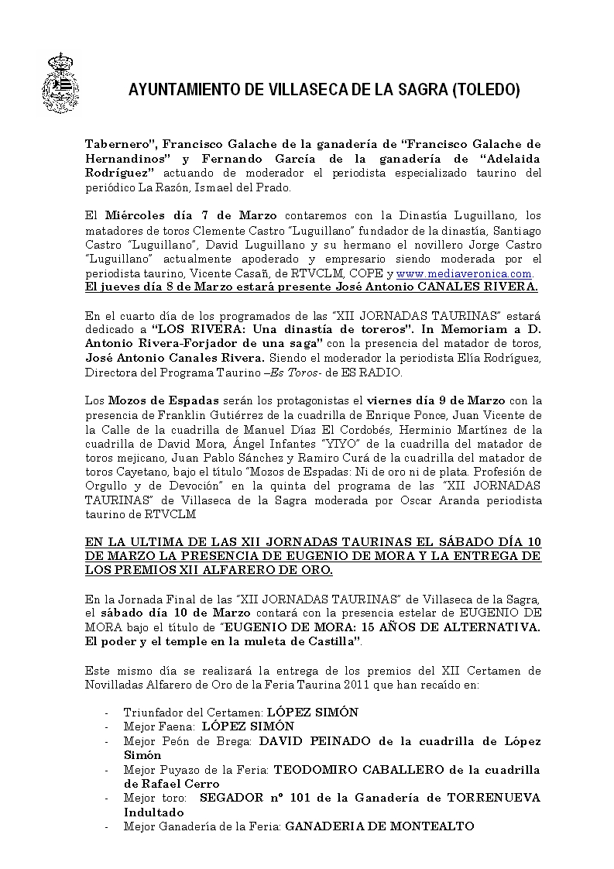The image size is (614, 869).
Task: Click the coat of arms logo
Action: (x=66, y=83)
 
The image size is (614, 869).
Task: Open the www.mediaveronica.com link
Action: (x=465, y=274)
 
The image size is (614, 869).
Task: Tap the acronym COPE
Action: (x=371, y=274)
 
